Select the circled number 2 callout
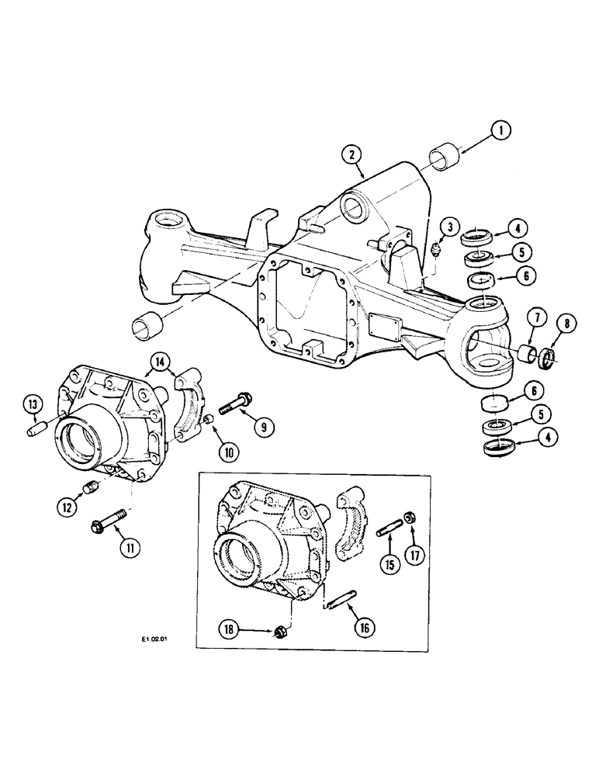[x=354, y=156]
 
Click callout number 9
[x=264, y=424]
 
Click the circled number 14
[x=161, y=361]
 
